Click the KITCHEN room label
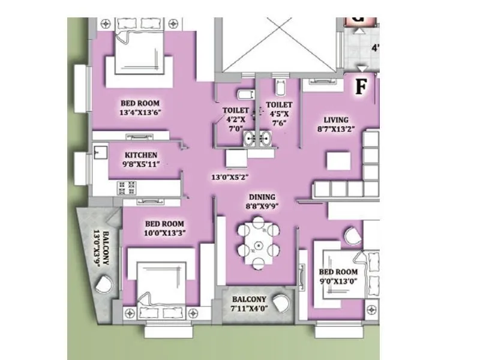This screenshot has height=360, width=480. tap(141, 155)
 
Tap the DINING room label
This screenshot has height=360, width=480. tap(262, 197)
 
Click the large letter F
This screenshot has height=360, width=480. tap(360, 87)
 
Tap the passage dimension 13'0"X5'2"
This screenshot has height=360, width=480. tap(230, 178)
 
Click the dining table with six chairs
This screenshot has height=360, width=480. tap(259, 245)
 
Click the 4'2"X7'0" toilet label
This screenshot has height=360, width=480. tap(235, 119)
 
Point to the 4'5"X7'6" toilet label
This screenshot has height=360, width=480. tap(279, 114)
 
